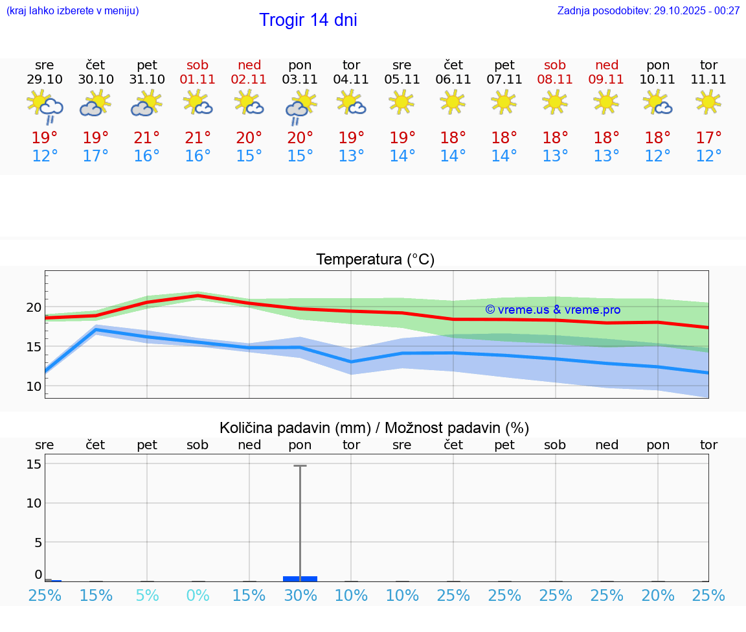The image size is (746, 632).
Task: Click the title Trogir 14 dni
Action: point(308,20)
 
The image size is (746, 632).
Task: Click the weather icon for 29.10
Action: point(45,106)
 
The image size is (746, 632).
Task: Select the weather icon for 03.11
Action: point(300,106)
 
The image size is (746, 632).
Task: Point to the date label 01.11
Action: point(198,80)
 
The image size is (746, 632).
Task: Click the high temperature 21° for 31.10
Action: point(147,138)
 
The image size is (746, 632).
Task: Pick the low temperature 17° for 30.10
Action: point(96,156)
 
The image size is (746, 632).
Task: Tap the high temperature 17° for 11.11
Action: point(708,138)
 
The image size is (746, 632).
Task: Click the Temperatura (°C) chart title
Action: point(375,260)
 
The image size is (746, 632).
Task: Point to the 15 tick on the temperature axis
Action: point(34,347)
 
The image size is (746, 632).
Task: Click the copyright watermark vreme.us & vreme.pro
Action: point(553,310)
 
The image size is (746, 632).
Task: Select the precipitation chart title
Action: point(374,428)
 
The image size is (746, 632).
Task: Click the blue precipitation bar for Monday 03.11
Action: point(300,578)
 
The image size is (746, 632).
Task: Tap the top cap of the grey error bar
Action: point(300,465)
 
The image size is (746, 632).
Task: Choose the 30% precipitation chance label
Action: point(300,596)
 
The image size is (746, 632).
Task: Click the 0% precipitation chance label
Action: point(198,596)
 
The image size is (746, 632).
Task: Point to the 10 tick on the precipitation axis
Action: point(34,503)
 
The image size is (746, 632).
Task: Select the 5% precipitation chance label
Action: point(147,596)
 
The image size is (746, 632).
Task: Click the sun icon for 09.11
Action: point(606,102)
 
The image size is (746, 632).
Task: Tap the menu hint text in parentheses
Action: point(72,11)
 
